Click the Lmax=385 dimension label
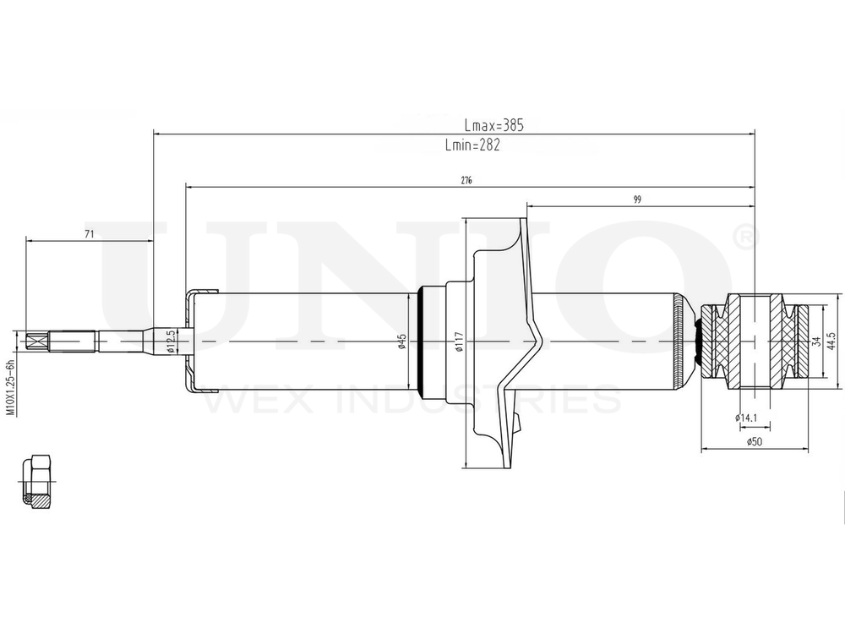pos(493,126)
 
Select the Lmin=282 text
pos(472,145)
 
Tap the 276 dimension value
pos(466,181)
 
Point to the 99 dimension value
pos(637,199)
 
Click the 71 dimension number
pos(90,234)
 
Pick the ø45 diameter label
pos(401,342)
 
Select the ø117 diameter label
pos(459,342)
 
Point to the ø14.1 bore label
pos(747,417)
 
